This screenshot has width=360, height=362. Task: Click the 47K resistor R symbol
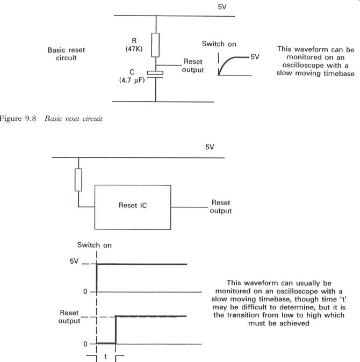pyautogui.click(x=155, y=45)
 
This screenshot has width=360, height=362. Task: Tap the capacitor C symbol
pyautogui.click(x=155, y=74)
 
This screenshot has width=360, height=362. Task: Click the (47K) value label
pyautogui.click(x=134, y=49)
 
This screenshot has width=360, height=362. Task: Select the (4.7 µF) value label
pyautogui.click(x=132, y=81)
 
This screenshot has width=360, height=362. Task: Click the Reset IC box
pyautogui.click(x=133, y=207)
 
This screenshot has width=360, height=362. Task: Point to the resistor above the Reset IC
pyautogui.click(x=78, y=180)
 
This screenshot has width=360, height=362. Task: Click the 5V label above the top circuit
pyautogui.click(x=222, y=7)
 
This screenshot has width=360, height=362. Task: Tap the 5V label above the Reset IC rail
pyautogui.click(x=210, y=147)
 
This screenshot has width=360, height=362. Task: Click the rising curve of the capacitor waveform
pyautogui.click(x=225, y=63)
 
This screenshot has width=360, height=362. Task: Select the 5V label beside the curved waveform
pyautogui.click(x=255, y=57)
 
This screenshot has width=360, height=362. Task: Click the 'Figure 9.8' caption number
pyautogui.click(x=18, y=119)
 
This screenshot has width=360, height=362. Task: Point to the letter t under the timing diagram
pyautogui.click(x=105, y=356)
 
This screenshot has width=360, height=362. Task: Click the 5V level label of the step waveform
pyautogui.click(x=74, y=261)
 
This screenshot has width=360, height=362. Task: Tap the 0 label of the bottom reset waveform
pyautogui.click(x=85, y=344)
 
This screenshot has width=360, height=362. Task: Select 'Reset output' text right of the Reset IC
pyautogui.click(x=221, y=207)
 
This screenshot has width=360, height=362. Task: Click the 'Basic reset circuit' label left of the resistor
pyautogui.click(x=66, y=54)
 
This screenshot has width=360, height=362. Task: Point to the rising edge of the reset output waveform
pyautogui.click(x=116, y=330)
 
